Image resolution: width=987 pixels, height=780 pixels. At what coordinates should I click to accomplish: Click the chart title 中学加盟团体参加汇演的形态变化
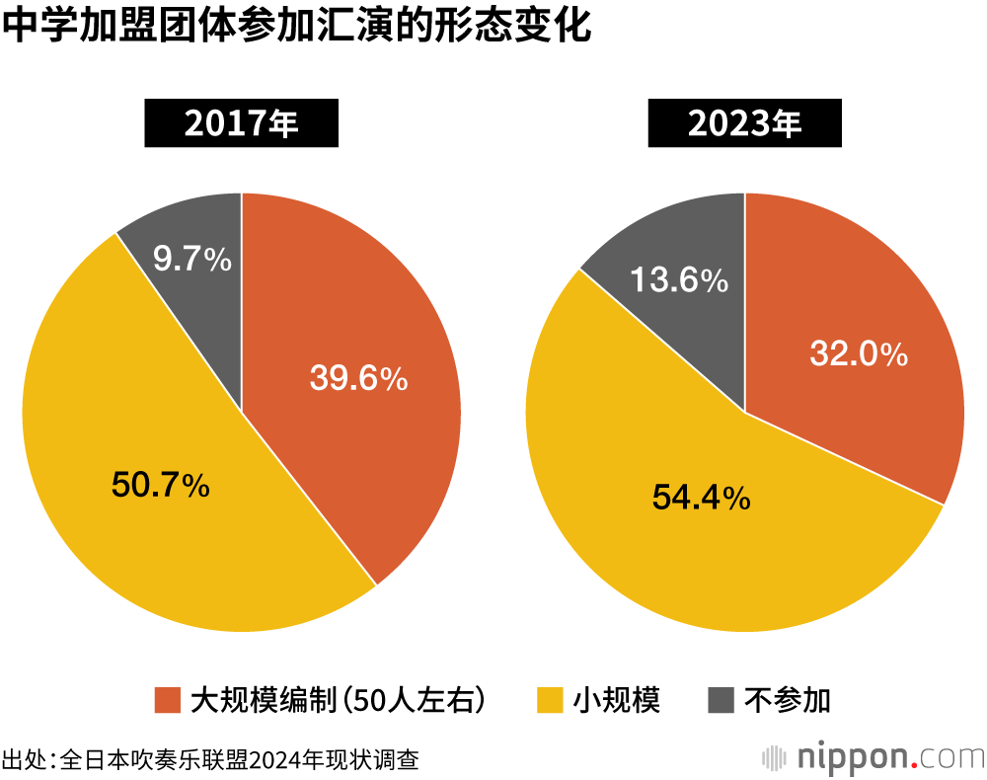tap(297, 27)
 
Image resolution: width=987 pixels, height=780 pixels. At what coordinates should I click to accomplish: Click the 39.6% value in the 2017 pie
tap(358, 378)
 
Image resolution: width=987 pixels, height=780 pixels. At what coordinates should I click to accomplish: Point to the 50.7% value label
tap(160, 485)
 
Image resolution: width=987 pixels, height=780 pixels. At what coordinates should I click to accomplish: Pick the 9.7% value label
tap(192, 260)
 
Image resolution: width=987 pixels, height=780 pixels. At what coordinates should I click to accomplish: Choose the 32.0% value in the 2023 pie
tap(859, 353)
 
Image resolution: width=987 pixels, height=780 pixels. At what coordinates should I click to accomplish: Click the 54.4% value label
tap(701, 498)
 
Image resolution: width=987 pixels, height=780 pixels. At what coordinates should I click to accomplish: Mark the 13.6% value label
tap(679, 280)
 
